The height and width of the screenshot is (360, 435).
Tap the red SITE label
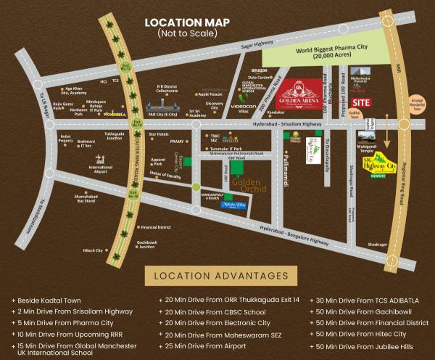coord(361,102)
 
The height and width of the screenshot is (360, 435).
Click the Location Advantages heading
coord(218,277)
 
